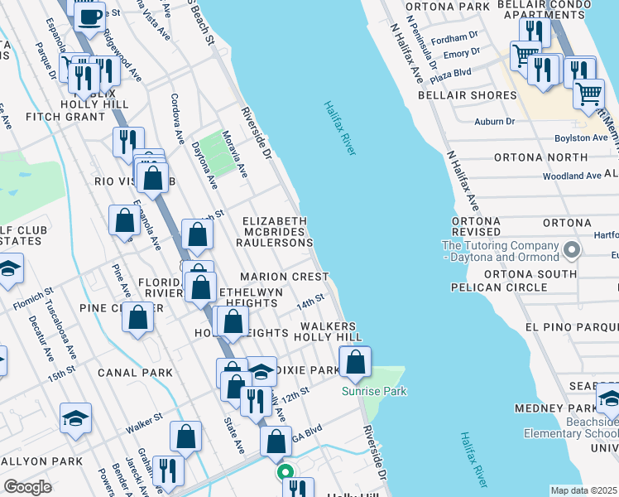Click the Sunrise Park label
375,390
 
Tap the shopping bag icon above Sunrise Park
355,363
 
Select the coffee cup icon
89,15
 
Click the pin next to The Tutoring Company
570,249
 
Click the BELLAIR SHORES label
472,95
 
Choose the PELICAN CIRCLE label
498,287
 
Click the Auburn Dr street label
494,121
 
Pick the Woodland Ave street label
572,176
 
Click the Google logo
27,487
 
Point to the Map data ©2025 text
583,490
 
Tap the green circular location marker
286,473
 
